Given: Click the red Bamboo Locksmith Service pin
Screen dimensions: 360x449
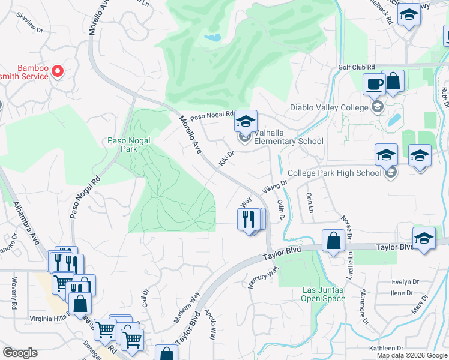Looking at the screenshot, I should [58, 72].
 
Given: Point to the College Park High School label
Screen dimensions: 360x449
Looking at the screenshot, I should [334, 173].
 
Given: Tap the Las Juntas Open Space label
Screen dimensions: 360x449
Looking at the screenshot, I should [323, 294].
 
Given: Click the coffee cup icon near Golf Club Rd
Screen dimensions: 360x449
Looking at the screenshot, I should [373, 84].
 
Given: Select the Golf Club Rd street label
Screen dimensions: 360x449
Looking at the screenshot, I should [356, 67].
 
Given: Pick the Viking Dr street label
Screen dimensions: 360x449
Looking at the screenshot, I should [271, 187].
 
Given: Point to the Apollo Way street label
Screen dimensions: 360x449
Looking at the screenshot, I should [211, 324].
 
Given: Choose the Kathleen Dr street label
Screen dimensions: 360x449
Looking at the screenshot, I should [386, 348].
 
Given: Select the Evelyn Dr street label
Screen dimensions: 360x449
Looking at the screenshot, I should [401, 281].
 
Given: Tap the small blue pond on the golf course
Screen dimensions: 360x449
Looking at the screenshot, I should [212, 37].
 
